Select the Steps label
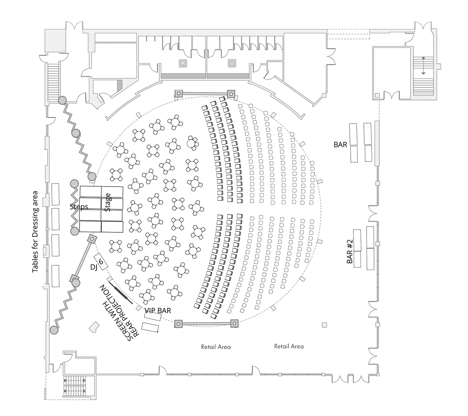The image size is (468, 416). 79,207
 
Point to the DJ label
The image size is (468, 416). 93,267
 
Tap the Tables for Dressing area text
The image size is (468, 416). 35,232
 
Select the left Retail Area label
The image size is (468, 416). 216,347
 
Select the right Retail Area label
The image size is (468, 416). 289,346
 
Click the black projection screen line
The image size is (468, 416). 121,293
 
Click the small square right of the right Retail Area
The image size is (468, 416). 324,325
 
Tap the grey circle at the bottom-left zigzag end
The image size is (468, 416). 54,330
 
